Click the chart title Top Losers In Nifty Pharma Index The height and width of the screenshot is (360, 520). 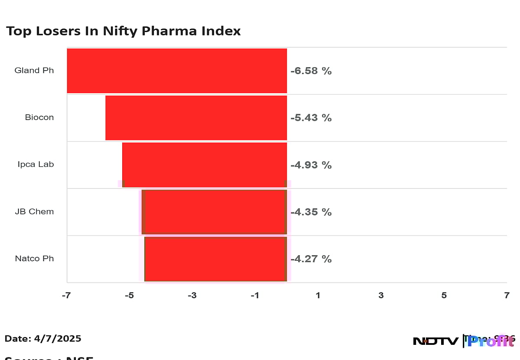point(123,31)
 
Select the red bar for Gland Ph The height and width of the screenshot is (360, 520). point(177,71)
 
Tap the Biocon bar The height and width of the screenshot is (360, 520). point(196,118)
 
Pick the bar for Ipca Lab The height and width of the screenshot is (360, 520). point(205,165)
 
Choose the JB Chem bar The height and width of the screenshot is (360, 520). point(214,212)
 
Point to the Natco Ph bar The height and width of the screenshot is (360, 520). point(215,259)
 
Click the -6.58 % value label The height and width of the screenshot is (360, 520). point(311,71)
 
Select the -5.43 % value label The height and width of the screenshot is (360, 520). point(311,118)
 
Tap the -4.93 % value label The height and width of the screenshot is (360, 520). point(311,165)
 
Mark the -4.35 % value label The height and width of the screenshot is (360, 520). point(311,212)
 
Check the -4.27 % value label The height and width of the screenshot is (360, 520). point(311,259)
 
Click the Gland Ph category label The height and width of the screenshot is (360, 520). point(34,70)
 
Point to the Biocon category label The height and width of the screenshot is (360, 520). point(39,117)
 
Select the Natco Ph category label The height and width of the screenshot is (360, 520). point(34,259)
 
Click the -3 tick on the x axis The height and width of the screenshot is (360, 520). point(192,295)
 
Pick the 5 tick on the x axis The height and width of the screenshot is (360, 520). point(444,295)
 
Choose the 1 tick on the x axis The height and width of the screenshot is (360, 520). point(318,295)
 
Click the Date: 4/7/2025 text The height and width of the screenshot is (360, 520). point(43,338)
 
